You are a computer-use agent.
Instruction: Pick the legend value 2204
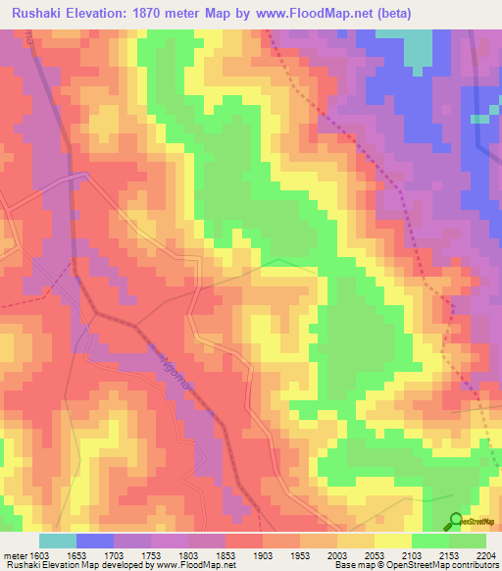point(486,555)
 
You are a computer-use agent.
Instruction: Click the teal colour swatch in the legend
point(58,541)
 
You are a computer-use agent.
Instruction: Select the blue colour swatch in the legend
point(95,541)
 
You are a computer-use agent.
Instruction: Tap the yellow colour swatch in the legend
point(393,541)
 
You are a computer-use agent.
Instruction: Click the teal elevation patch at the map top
point(419,45)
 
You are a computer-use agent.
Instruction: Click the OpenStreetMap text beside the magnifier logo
point(479,523)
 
